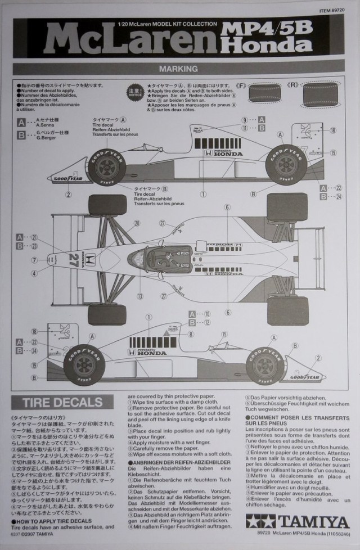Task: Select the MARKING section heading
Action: [179, 70]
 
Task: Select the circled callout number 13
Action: [139, 296]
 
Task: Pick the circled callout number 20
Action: [136, 223]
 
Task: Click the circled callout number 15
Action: [224, 335]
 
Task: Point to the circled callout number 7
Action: [34, 260]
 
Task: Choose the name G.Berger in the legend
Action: [44, 137]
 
